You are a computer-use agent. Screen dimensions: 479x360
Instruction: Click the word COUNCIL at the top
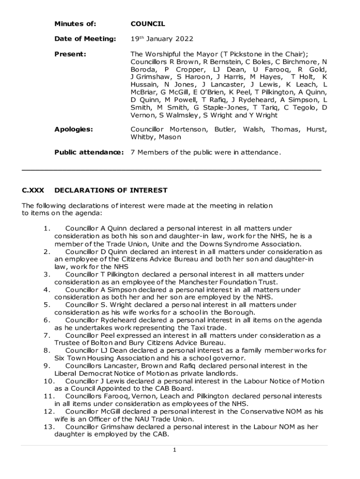tap(148, 24)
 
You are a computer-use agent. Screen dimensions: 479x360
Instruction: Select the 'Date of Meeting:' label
tap(85, 39)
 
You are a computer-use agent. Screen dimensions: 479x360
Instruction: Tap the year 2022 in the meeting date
tap(183, 39)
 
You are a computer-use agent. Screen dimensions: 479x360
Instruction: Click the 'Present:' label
tap(70, 54)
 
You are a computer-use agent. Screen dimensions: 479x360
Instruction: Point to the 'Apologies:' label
tap(73, 130)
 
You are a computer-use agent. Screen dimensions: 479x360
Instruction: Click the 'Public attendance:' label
tap(89, 152)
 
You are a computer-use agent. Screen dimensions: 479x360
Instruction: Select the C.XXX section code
tap(33, 190)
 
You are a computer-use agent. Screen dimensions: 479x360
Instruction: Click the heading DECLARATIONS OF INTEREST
tap(111, 190)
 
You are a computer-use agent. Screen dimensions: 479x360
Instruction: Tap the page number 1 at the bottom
tap(174, 450)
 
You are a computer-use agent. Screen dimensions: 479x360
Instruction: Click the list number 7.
tap(46, 335)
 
